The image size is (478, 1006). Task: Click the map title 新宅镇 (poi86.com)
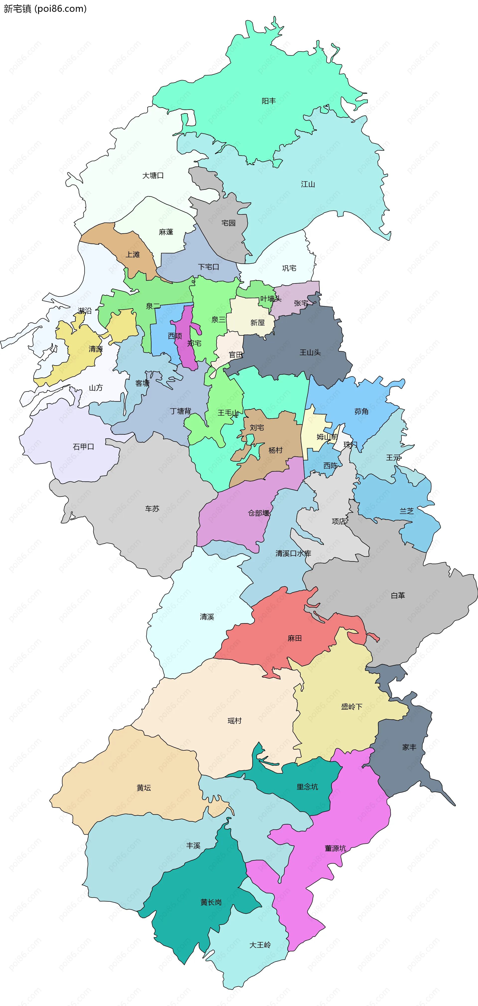click(45, 8)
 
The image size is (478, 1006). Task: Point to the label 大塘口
click(153, 176)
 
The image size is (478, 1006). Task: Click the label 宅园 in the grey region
click(229, 223)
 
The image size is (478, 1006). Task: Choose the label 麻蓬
click(166, 232)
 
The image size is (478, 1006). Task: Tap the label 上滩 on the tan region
click(133, 255)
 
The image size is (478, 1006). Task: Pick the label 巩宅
click(289, 268)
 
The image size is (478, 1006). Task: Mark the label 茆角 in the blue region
click(361, 411)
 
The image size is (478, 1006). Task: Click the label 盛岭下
click(352, 707)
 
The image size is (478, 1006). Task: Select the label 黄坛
click(144, 788)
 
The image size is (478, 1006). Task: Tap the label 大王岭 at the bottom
click(260, 945)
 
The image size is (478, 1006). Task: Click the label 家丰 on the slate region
click(409, 747)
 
